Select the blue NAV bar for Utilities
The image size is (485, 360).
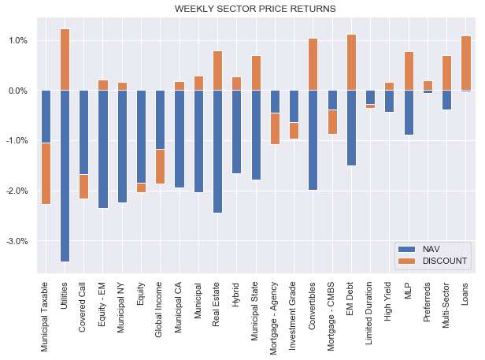[65, 175]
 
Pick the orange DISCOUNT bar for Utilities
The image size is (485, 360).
[65, 60]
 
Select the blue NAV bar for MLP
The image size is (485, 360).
[408, 113]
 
